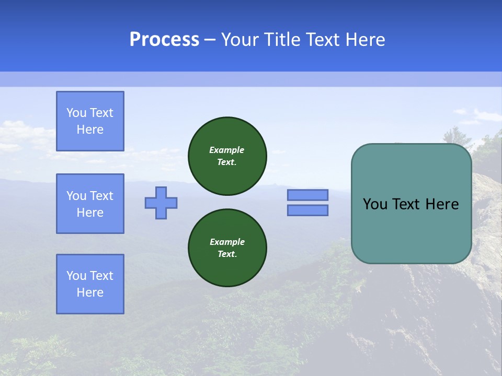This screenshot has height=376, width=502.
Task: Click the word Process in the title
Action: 164,40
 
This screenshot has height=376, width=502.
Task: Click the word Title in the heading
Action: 281,40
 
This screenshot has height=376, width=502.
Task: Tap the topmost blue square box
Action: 90,121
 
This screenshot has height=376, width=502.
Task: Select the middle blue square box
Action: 90,204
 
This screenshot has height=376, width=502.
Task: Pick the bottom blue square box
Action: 90,284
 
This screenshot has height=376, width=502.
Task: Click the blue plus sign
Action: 161,203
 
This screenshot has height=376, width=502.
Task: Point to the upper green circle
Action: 227,156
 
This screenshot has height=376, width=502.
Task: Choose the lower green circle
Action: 227,248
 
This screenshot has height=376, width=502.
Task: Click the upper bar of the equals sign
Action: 307,195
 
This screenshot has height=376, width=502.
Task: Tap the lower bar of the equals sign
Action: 307,210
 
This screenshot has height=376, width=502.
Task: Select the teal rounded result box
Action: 411,204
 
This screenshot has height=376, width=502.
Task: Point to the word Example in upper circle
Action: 226,150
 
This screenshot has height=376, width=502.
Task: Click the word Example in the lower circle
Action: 227,242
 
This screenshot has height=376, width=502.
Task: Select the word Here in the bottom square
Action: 90,292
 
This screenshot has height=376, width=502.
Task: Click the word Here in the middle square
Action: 90,213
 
